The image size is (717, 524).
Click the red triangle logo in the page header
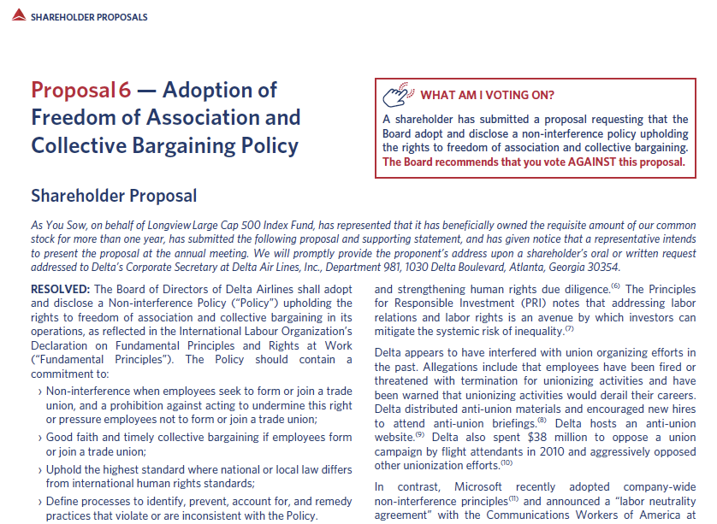(x=18, y=17)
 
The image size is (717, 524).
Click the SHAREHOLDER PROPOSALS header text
(x=89, y=17)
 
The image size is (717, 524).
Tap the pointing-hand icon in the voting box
(x=399, y=94)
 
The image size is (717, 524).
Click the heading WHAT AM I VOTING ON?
(x=487, y=95)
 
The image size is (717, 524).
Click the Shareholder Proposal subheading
(x=114, y=196)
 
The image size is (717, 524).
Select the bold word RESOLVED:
(x=61, y=290)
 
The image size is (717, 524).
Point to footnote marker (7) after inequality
(x=570, y=328)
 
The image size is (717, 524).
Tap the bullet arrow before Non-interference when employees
(x=40, y=392)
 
